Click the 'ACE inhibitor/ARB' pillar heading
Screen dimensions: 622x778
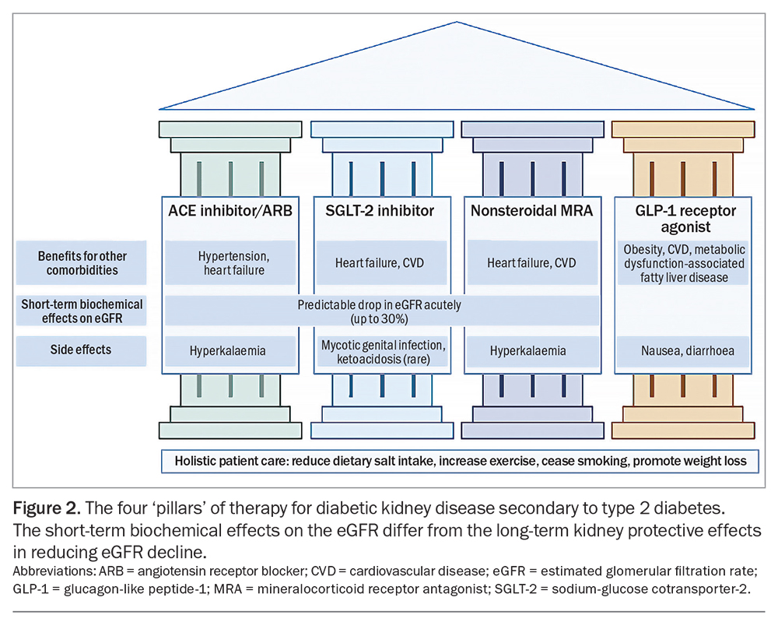tap(230, 211)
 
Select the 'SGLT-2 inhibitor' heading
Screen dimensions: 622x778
tap(380, 211)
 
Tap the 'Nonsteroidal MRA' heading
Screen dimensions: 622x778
tap(531, 211)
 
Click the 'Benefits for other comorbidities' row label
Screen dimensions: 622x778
tap(81, 263)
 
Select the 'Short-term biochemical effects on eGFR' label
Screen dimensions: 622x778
tap(81, 311)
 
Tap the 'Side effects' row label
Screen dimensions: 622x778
tap(81, 350)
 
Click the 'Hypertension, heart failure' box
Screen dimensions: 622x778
tap(230, 263)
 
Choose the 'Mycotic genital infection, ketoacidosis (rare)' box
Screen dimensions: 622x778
tap(380, 351)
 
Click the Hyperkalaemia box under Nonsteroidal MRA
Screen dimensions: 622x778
tap(531, 351)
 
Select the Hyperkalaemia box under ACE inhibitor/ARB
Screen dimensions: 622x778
tap(230, 351)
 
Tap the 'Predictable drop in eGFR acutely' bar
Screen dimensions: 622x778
tap(380, 311)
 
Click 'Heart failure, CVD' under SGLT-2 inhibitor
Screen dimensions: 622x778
tap(380, 263)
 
